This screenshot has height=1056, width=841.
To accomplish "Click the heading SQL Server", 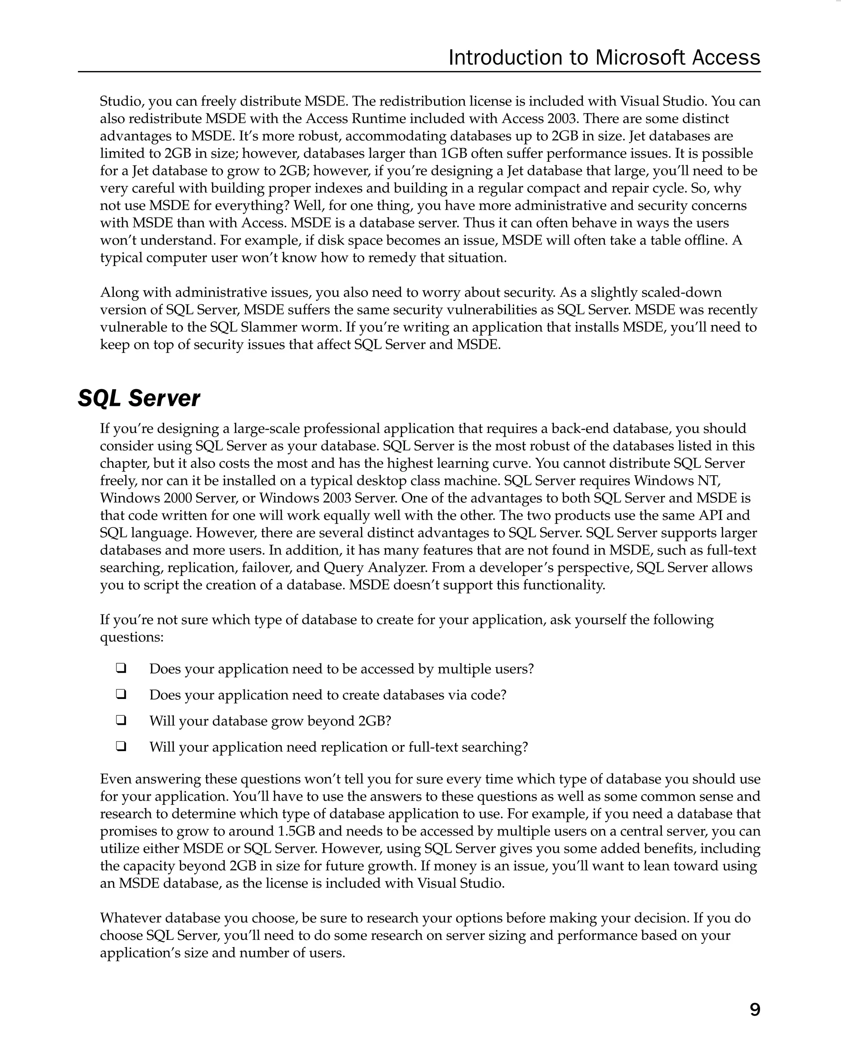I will (x=139, y=398).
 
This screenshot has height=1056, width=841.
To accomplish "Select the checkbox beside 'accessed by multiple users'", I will (x=121, y=668).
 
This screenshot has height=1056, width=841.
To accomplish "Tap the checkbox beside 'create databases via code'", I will (x=121, y=694).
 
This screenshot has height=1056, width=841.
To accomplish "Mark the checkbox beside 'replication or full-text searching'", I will (x=121, y=746).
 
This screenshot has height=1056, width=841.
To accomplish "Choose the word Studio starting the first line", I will (x=121, y=101).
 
